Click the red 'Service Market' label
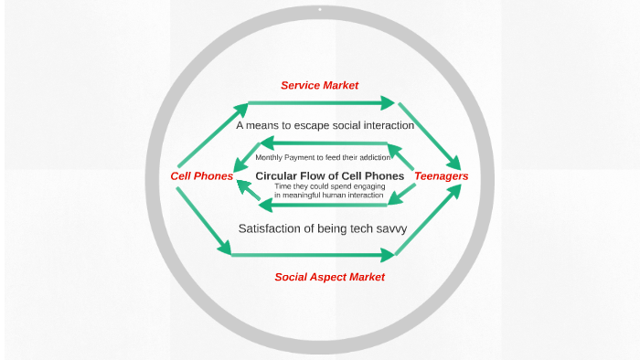point(319,85)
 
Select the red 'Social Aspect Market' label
point(329,276)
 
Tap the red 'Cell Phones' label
point(202,175)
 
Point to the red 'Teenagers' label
point(442,175)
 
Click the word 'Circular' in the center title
point(278,175)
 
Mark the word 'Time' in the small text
point(283,186)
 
